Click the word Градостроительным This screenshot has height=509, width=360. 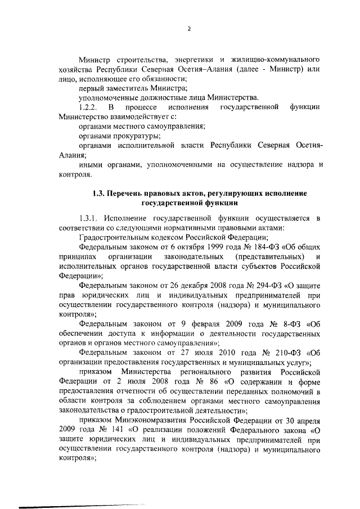(114, 238)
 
